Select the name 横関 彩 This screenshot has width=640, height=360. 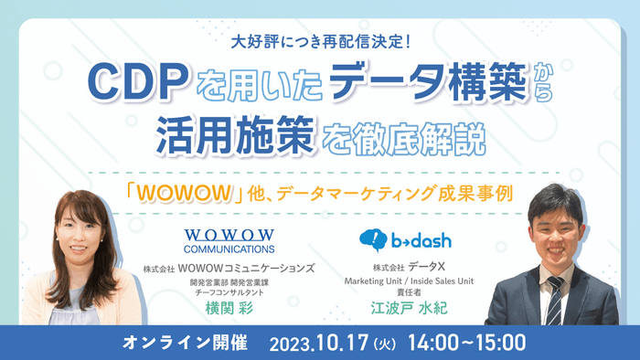tap(228, 309)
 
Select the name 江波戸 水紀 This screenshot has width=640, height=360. tap(407, 309)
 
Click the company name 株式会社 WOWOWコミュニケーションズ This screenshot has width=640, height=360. tap(229, 269)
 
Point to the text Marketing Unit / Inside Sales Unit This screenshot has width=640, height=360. tap(408, 281)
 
